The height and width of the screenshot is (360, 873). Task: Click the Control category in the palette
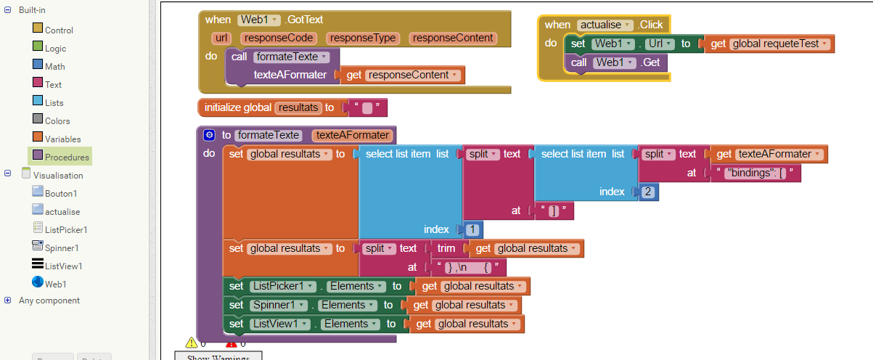58,30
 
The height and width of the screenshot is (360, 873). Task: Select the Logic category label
55,49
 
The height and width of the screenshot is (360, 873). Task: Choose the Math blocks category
54,67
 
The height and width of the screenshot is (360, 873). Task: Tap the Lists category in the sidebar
54,103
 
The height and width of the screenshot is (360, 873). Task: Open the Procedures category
66,157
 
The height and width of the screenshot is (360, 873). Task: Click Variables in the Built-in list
62,139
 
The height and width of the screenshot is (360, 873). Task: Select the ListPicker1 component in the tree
65,229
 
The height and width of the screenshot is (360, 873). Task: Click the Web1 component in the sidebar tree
55,284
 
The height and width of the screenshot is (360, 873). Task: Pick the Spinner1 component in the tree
61,247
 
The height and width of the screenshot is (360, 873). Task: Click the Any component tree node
49,300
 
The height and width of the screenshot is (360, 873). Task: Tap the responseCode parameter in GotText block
279,38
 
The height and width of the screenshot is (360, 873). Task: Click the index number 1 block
472,229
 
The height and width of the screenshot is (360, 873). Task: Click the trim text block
446,248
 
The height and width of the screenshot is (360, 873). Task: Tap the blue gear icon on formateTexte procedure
210,134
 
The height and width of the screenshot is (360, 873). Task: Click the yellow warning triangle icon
192,343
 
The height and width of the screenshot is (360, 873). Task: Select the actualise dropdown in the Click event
605,25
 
